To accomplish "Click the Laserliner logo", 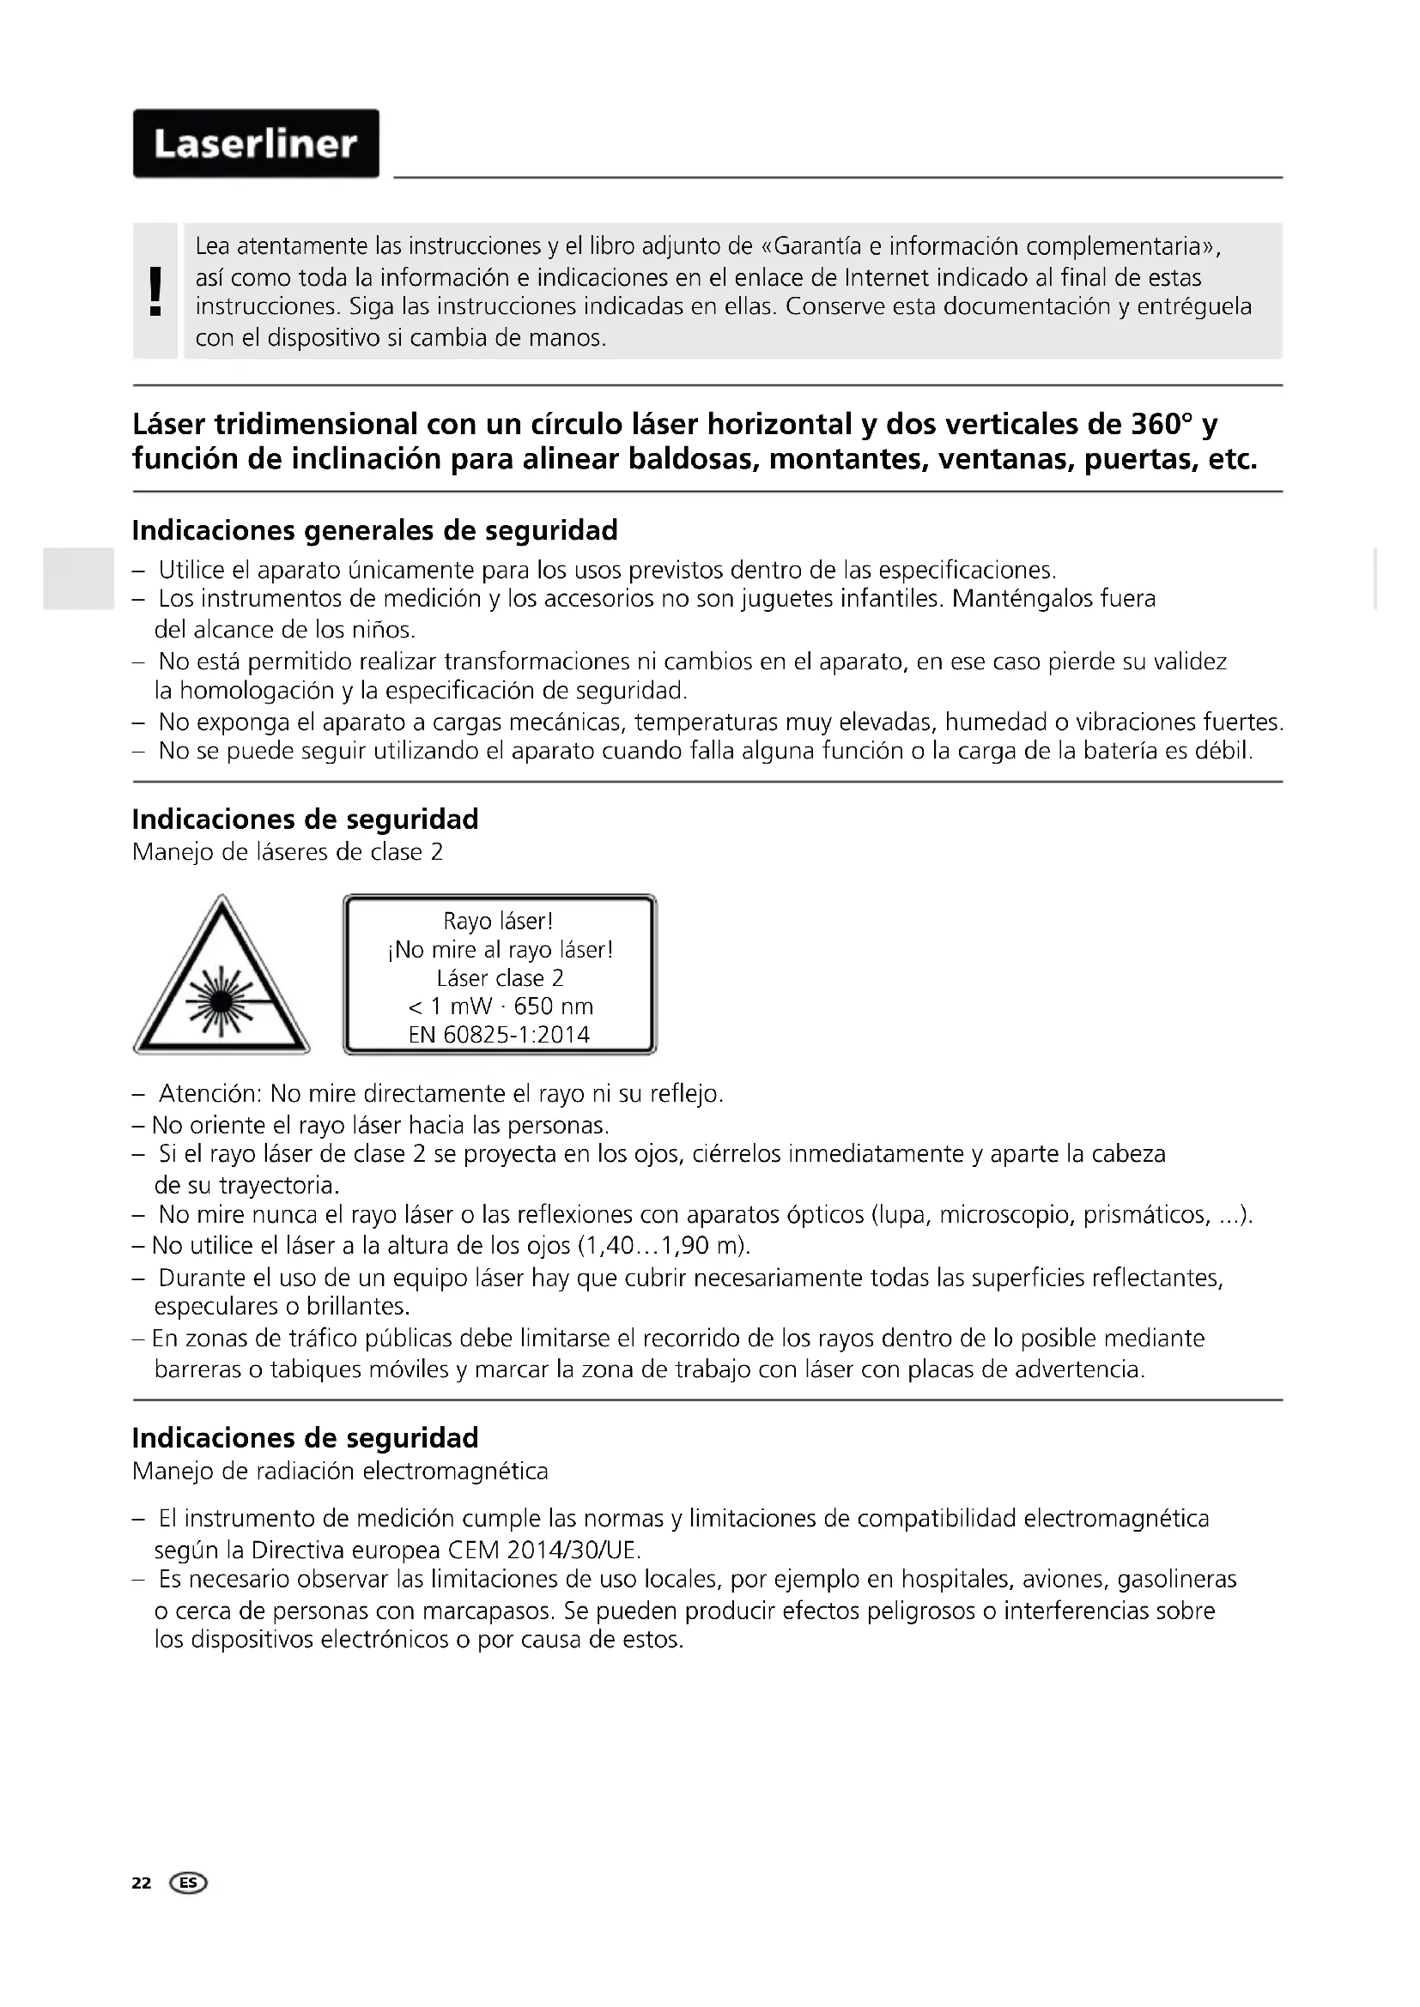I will [x=256, y=143].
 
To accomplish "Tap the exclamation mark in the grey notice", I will [x=155, y=291].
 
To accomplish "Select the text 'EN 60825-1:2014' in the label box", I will [x=500, y=1035].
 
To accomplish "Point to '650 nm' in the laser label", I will [x=554, y=1007].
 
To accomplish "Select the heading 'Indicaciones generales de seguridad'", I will [x=375, y=530].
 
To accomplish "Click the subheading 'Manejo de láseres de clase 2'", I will [x=288, y=851].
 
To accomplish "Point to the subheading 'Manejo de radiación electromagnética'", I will [x=340, y=1472].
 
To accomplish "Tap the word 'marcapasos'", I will [x=482, y=1610].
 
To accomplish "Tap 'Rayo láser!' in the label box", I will [x=499, y=922].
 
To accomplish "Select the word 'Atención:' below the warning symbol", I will [x=209, y=1094].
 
